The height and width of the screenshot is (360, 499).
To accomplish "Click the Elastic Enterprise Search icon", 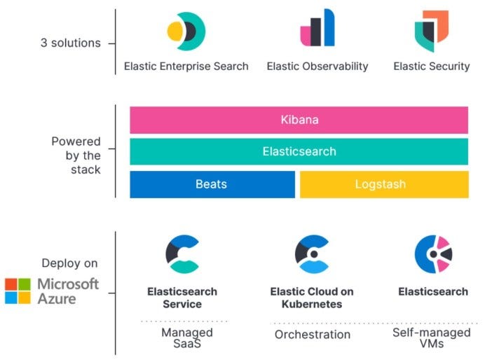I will (186, 32).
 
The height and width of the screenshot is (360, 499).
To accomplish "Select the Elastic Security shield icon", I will (431, 32).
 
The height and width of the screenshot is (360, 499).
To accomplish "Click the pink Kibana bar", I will (299, 120).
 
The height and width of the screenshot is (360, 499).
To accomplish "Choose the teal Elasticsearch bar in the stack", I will (299, 151).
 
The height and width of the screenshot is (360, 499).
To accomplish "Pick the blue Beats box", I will (212, 184).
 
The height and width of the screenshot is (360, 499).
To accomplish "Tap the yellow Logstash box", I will (384, 184).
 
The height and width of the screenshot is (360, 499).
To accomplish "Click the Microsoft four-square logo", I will (18, 291).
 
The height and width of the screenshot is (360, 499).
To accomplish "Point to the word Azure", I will (57, 299).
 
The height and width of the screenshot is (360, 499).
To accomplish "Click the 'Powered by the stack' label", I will (76, 155).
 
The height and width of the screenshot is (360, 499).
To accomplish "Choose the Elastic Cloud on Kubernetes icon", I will (311, 254).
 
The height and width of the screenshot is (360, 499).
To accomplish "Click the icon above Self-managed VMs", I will (432, 254).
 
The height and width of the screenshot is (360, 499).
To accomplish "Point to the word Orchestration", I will (312, 334).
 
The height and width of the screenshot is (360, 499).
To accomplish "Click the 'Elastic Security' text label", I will (431, 67).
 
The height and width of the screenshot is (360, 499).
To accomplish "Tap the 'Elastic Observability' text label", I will (317, 67).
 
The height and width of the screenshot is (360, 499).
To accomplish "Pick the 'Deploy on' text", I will (69, 264).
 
